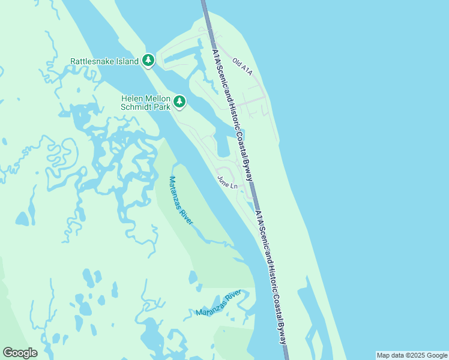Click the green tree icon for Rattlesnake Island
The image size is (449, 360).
click(148, 61)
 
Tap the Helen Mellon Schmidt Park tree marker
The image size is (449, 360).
click(179, 102)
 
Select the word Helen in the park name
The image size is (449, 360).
click(133, 98)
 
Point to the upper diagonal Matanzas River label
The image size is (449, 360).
click(181, 200)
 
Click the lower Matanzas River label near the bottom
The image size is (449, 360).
click(218, 303)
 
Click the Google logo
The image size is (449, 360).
click(20, 353)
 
